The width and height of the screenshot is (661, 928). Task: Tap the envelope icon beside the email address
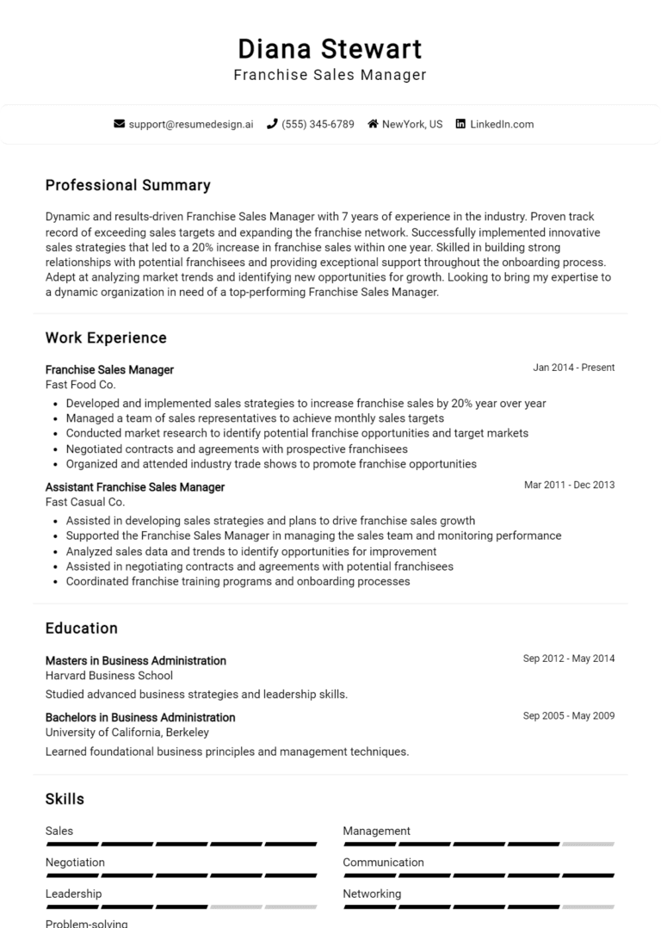[120, 124]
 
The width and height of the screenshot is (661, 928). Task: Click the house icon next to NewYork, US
[373, 124]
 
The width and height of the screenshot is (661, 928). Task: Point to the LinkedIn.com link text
[502, 124]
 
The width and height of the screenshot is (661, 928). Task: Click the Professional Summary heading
[127, 185]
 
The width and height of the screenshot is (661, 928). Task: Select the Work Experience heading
[106, 337]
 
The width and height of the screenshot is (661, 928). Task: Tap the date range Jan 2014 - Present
[573, 368]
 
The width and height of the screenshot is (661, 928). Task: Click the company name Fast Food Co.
[80, 385]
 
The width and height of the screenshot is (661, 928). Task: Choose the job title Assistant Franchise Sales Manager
[135, 487]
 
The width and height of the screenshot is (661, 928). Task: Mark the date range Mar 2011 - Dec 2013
[569, 485]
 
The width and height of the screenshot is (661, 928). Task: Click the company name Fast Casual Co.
[85, 502]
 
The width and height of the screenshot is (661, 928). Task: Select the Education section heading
[82, 628]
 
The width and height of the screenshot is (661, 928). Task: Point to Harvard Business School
[109, 676]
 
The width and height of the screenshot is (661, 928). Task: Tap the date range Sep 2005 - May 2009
[569, 715]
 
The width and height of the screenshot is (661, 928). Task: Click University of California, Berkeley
[127, 733]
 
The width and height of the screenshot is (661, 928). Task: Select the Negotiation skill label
[75, 862]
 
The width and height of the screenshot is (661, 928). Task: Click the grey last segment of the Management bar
[589, 844]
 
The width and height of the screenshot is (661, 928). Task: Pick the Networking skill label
[372, 894]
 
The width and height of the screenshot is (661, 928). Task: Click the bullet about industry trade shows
[271, 464]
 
